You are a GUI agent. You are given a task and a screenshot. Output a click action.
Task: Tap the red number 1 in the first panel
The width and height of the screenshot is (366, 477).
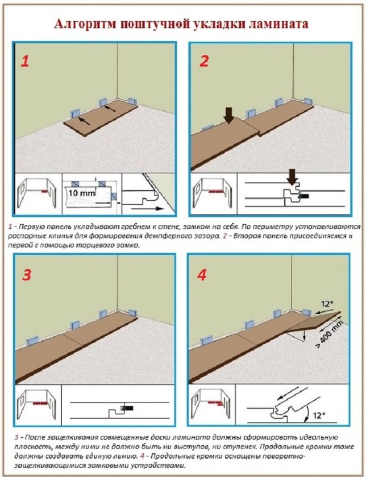click(25, 62)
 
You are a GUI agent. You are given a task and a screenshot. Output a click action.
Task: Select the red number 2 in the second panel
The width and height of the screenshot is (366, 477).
click(204, 61)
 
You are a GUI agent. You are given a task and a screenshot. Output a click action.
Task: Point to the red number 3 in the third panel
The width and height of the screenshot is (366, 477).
click(27, 275)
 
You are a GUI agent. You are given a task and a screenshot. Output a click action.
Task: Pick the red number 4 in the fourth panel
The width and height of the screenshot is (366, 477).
click(202, 275)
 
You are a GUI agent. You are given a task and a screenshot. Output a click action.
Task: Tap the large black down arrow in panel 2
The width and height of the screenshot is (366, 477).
click(229, 116)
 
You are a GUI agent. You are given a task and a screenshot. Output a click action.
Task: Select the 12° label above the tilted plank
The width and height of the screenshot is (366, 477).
click(327, 304)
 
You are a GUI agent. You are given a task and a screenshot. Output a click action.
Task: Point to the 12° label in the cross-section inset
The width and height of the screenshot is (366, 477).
click(319, 415)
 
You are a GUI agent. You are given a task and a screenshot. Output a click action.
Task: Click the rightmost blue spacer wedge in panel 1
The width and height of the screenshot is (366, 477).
click(132, 102)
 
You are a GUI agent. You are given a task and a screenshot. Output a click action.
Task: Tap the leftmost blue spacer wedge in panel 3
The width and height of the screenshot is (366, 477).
click(32, 340)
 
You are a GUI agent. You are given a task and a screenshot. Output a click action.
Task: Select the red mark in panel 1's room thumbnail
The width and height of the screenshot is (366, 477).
click(44, 192)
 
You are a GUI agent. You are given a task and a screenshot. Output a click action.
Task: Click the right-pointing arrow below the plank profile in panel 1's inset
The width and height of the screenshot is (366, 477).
click(145, 209)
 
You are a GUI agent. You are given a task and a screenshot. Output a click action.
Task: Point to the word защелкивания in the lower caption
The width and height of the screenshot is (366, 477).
click(68, 438)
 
